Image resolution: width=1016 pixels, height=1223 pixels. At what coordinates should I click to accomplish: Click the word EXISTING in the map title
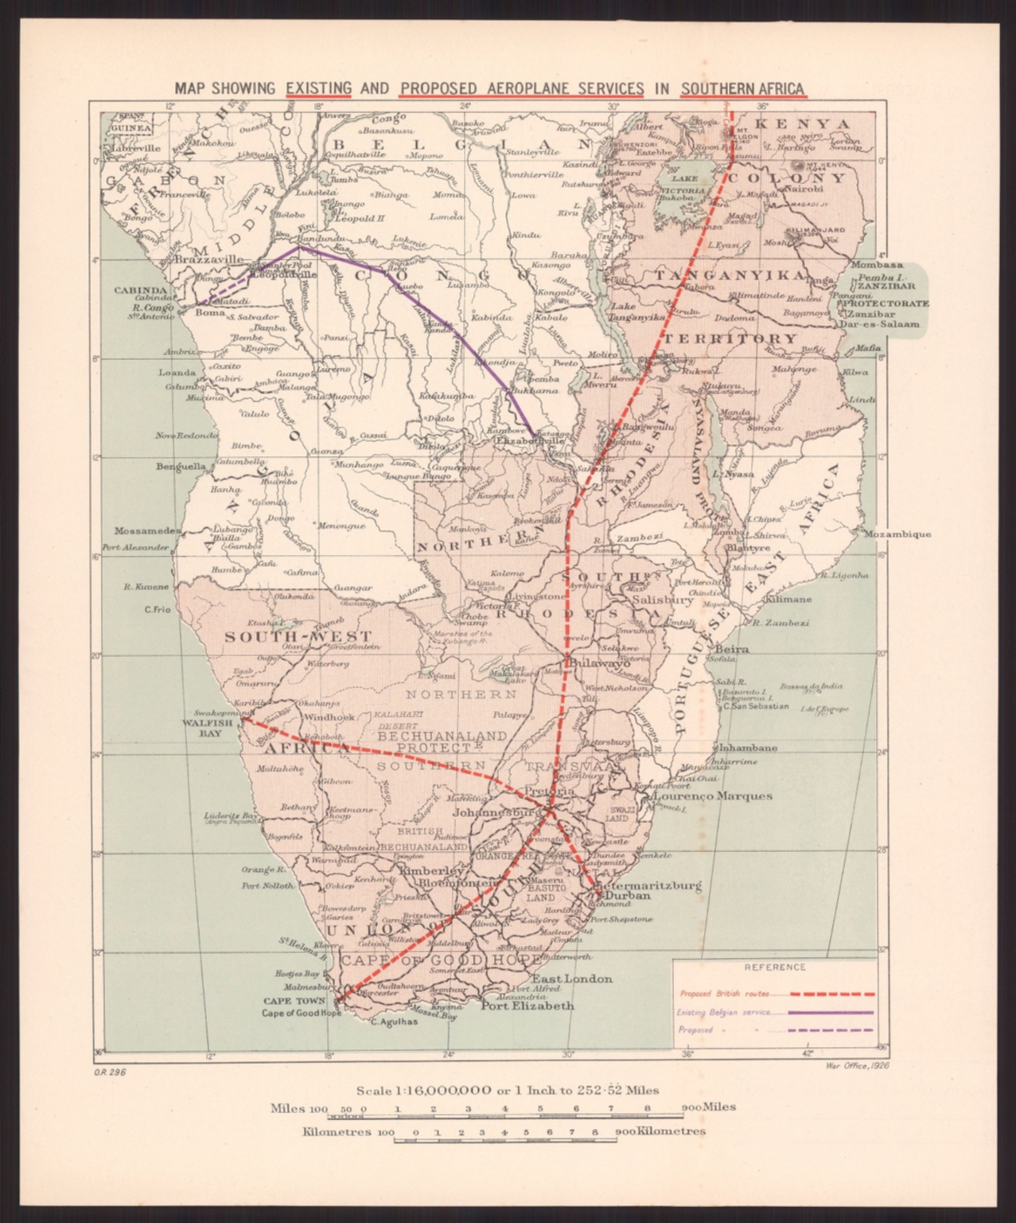point(318,88)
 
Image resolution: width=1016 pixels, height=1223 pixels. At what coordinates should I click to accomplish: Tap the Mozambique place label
point(896,534)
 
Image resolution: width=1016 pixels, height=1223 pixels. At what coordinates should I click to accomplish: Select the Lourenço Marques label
point(712,795)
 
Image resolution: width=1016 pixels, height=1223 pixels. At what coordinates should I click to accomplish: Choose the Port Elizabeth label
point(527,1006)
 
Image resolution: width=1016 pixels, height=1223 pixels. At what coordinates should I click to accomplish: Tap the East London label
point(572,979)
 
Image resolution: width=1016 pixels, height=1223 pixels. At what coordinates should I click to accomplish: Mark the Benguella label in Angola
point(181,466)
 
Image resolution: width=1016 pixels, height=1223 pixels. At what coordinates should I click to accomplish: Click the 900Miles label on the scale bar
point(708,1107)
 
